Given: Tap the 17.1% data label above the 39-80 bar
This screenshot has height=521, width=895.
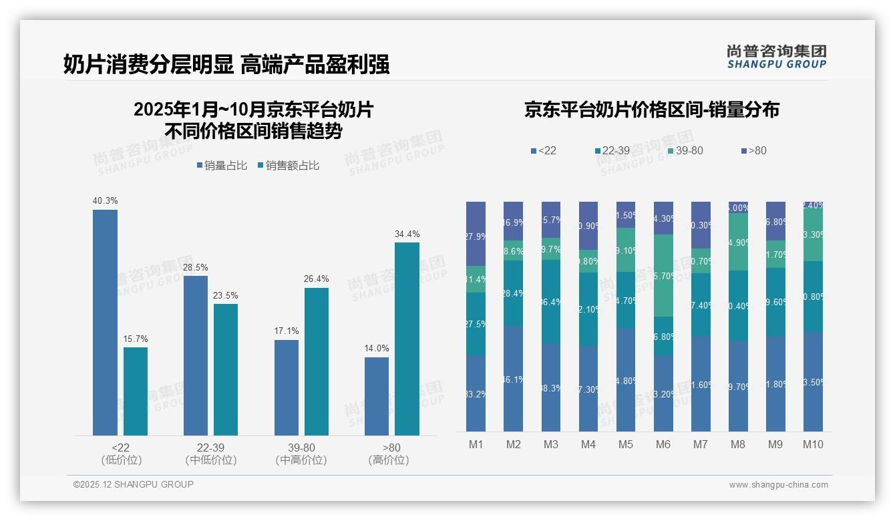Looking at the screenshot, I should tap(287, 331).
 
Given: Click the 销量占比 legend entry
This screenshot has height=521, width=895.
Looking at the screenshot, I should tap(226, 166).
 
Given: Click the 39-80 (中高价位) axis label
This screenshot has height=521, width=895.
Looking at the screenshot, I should tap(301, 454).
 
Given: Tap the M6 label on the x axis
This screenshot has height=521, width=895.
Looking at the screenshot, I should tap(663, 444).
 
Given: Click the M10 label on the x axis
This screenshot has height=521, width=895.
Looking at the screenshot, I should tap(812, 444).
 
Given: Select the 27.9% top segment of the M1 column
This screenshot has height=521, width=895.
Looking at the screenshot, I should tap(476, 233).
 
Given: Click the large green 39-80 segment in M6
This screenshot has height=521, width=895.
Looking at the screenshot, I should tap(663, 275).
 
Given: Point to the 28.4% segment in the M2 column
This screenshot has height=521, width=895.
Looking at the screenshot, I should tap(514, 293).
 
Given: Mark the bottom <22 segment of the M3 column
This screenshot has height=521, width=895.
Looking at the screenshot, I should tap(551, 387).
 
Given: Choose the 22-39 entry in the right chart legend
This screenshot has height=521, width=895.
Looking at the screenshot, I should tap(612, 150).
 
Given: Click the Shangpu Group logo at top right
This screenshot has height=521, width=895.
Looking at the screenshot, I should tap(776, 57).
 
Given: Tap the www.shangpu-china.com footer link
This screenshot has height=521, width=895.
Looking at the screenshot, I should tap(778, 485).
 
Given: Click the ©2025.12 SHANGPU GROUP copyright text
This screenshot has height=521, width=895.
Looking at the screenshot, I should tap(134, 484).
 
